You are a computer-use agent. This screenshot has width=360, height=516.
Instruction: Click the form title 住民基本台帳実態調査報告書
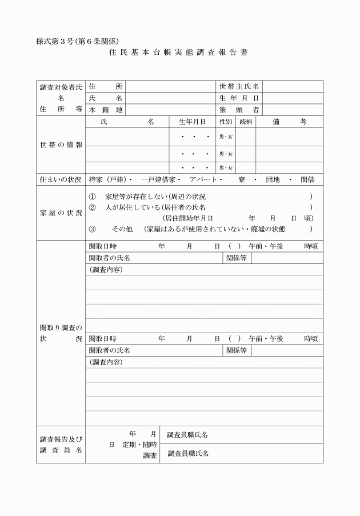(x=178, y=52)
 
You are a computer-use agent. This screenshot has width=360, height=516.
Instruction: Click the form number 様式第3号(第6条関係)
(x=77, y=41)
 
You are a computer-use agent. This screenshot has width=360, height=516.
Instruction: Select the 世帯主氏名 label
(x=239, y=86)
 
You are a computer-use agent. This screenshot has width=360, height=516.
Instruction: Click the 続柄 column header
(x=246, y=122)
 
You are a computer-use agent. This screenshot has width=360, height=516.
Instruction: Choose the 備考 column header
(x=290, y=122)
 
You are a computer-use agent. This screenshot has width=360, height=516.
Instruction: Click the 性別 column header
(x=226, y=122)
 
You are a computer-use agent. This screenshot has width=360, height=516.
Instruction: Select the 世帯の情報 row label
(x=61, y=145)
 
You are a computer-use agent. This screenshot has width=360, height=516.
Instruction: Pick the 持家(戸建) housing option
(x=108, y=179)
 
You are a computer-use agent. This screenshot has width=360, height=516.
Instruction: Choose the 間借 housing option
(x=307, y=179)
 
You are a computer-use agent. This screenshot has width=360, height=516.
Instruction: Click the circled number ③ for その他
(x=92, y=229)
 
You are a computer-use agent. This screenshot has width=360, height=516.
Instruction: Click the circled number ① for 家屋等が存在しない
(x=92, y=196)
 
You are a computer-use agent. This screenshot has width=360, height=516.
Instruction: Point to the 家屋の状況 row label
(x=61, y=212)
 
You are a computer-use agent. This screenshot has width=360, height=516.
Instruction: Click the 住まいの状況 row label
(x=61, y=179)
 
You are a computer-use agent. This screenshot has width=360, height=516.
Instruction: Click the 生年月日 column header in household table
(x=192, y=122)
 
